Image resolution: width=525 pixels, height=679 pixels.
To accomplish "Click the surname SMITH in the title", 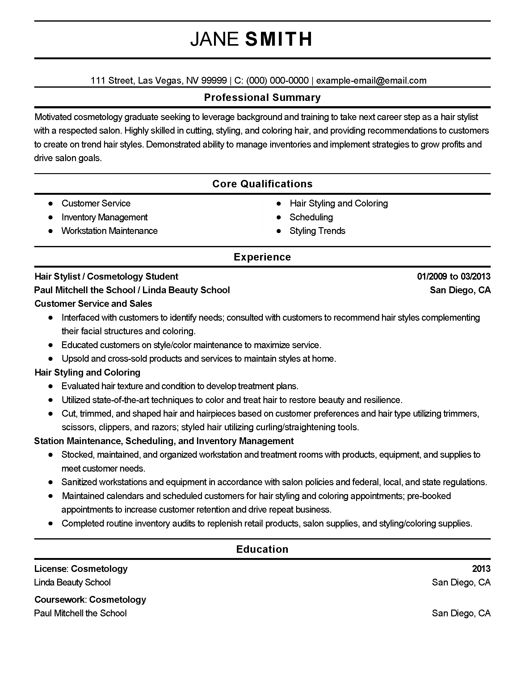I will click(279, 39).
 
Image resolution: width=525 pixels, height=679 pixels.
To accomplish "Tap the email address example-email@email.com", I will click(371, 81).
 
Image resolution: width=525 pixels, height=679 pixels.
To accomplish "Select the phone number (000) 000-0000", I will click(277, 81).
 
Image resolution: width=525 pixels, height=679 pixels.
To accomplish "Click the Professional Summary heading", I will click(262, 98).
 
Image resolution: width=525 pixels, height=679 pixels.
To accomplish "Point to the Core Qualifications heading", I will click(262, 184).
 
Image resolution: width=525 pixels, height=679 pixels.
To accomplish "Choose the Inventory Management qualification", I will click(104, 217).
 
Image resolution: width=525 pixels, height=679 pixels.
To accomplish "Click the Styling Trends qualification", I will click(317, 231).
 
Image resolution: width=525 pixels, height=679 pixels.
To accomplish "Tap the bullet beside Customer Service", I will click(51, 204).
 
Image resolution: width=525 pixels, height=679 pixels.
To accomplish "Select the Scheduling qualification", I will click(311, 217).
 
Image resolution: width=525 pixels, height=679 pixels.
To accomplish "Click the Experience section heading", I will click(262, 257).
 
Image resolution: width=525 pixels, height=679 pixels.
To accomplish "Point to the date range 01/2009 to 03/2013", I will click(453, 277).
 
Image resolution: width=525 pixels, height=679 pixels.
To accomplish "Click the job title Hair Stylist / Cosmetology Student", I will click(106, 277).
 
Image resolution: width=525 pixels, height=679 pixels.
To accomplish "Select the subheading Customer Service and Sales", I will click(93, 304).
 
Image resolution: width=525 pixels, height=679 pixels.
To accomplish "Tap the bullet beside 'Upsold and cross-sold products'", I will click(51, 359).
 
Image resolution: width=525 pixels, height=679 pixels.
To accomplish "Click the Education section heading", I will click(262, 549).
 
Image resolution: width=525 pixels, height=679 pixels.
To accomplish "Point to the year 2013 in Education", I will click(481, 569).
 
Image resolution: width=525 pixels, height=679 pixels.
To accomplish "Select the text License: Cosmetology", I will click(81, 569).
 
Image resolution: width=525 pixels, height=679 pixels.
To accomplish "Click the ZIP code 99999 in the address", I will click(214, 81).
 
